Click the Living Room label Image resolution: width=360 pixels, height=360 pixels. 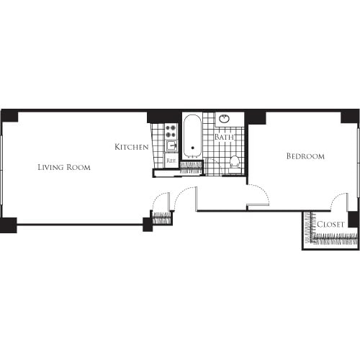(x=64, y=167)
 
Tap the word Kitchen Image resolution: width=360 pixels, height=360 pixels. (x=132, y=147)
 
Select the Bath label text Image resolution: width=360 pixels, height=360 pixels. (x=224, y=137)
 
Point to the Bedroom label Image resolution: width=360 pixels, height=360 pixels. (x=305, y=156)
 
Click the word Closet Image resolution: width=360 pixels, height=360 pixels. (x=330, y=225)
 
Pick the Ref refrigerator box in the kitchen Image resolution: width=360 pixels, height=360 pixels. (x=171, y=161)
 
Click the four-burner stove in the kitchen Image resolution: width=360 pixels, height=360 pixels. (x=171, y=131)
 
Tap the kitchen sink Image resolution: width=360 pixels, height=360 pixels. (x=172, y=145)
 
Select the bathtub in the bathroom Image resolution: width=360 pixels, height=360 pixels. (x=192, y=136)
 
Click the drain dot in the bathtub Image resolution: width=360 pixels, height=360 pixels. (x=192, y=148)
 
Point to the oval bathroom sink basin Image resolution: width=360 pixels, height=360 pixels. (x=225, y=118)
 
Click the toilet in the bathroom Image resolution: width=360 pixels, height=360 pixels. (x=234, y=163)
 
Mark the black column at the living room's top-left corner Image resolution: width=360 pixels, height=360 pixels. (x=9, y=116)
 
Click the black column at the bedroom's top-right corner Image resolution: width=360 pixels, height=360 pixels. (x=350, y=117)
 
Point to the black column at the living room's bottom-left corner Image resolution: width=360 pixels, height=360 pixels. (x=9, y=225)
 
